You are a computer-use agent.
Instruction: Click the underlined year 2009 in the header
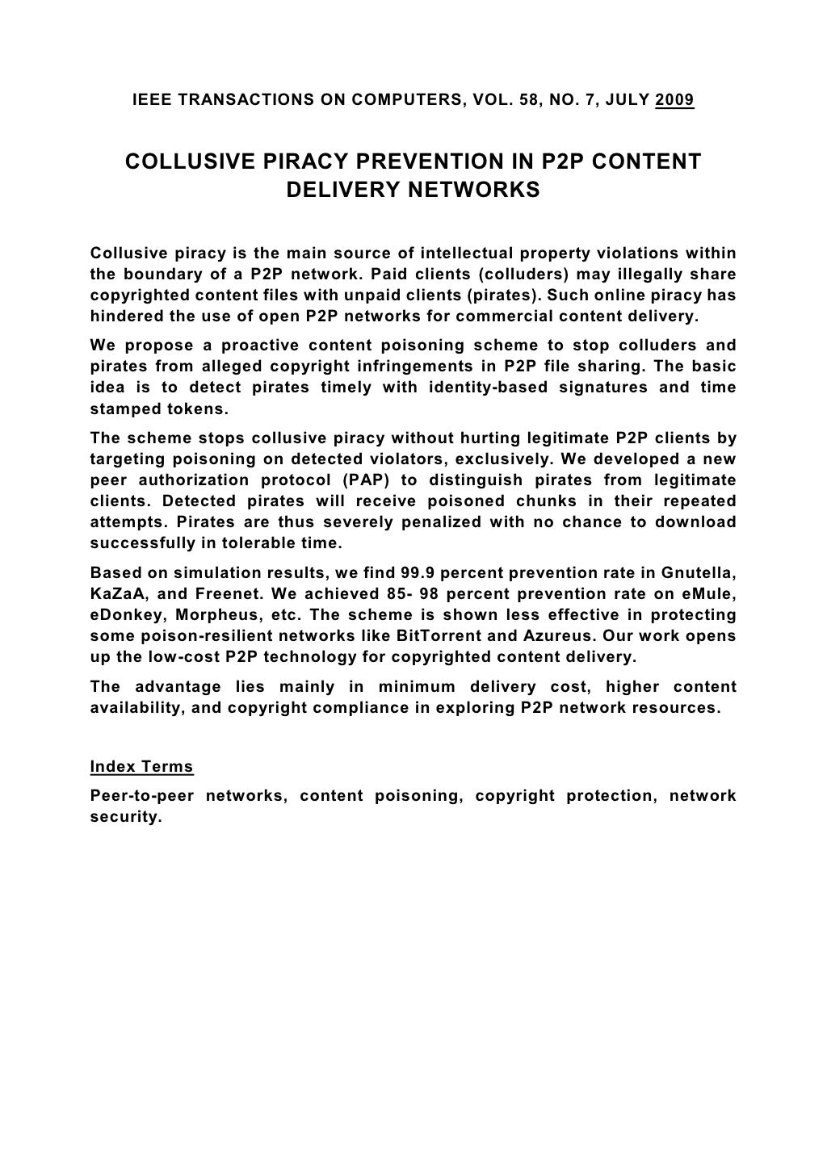[x=675, y=101]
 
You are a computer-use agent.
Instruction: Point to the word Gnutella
[x=698, y=573]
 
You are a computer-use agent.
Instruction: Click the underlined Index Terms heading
[x=141, y=766]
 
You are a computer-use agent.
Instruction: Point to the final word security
[x=126, y=817]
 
